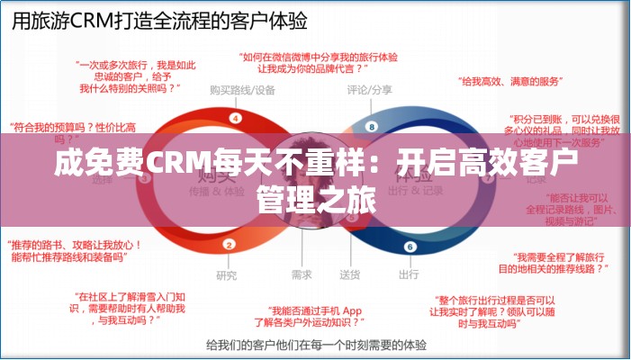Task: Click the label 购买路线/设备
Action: [x=242, y=90]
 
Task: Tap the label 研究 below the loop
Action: [x=227, y=274]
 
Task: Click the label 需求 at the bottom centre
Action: [x=302, y=274]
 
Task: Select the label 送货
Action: [x=350, y=274]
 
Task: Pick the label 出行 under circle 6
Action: [x=408, y=274]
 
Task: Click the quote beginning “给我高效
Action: [x=508, y=82]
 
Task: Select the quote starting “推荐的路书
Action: [x=68, y=249]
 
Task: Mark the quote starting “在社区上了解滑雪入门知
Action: [x=130, y=307]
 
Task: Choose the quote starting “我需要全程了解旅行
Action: [x=554, y=262]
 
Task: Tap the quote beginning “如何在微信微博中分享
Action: [x=318, y=61]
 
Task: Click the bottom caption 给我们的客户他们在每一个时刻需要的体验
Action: [x=315, y=344]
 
